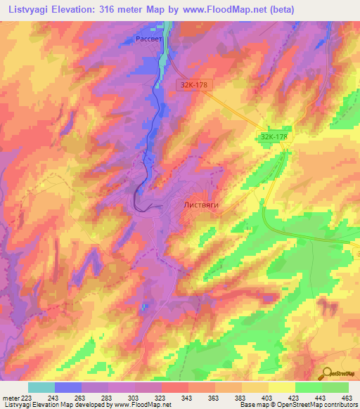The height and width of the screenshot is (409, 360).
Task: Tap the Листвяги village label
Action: pyautogui.click(x=201, y=204)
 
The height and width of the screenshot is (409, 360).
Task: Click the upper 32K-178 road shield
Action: pyautogui.click(x=192, y=84)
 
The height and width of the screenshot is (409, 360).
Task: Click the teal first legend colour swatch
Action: pyautogui.click(x=41, y=387)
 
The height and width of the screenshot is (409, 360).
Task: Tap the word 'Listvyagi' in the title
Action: pyautogui.click(x=29, y=9)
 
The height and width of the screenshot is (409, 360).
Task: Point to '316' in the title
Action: pyautogui.click(x=106, y=9)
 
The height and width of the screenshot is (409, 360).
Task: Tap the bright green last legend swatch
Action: pyautogui.click(x=335, y=387)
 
